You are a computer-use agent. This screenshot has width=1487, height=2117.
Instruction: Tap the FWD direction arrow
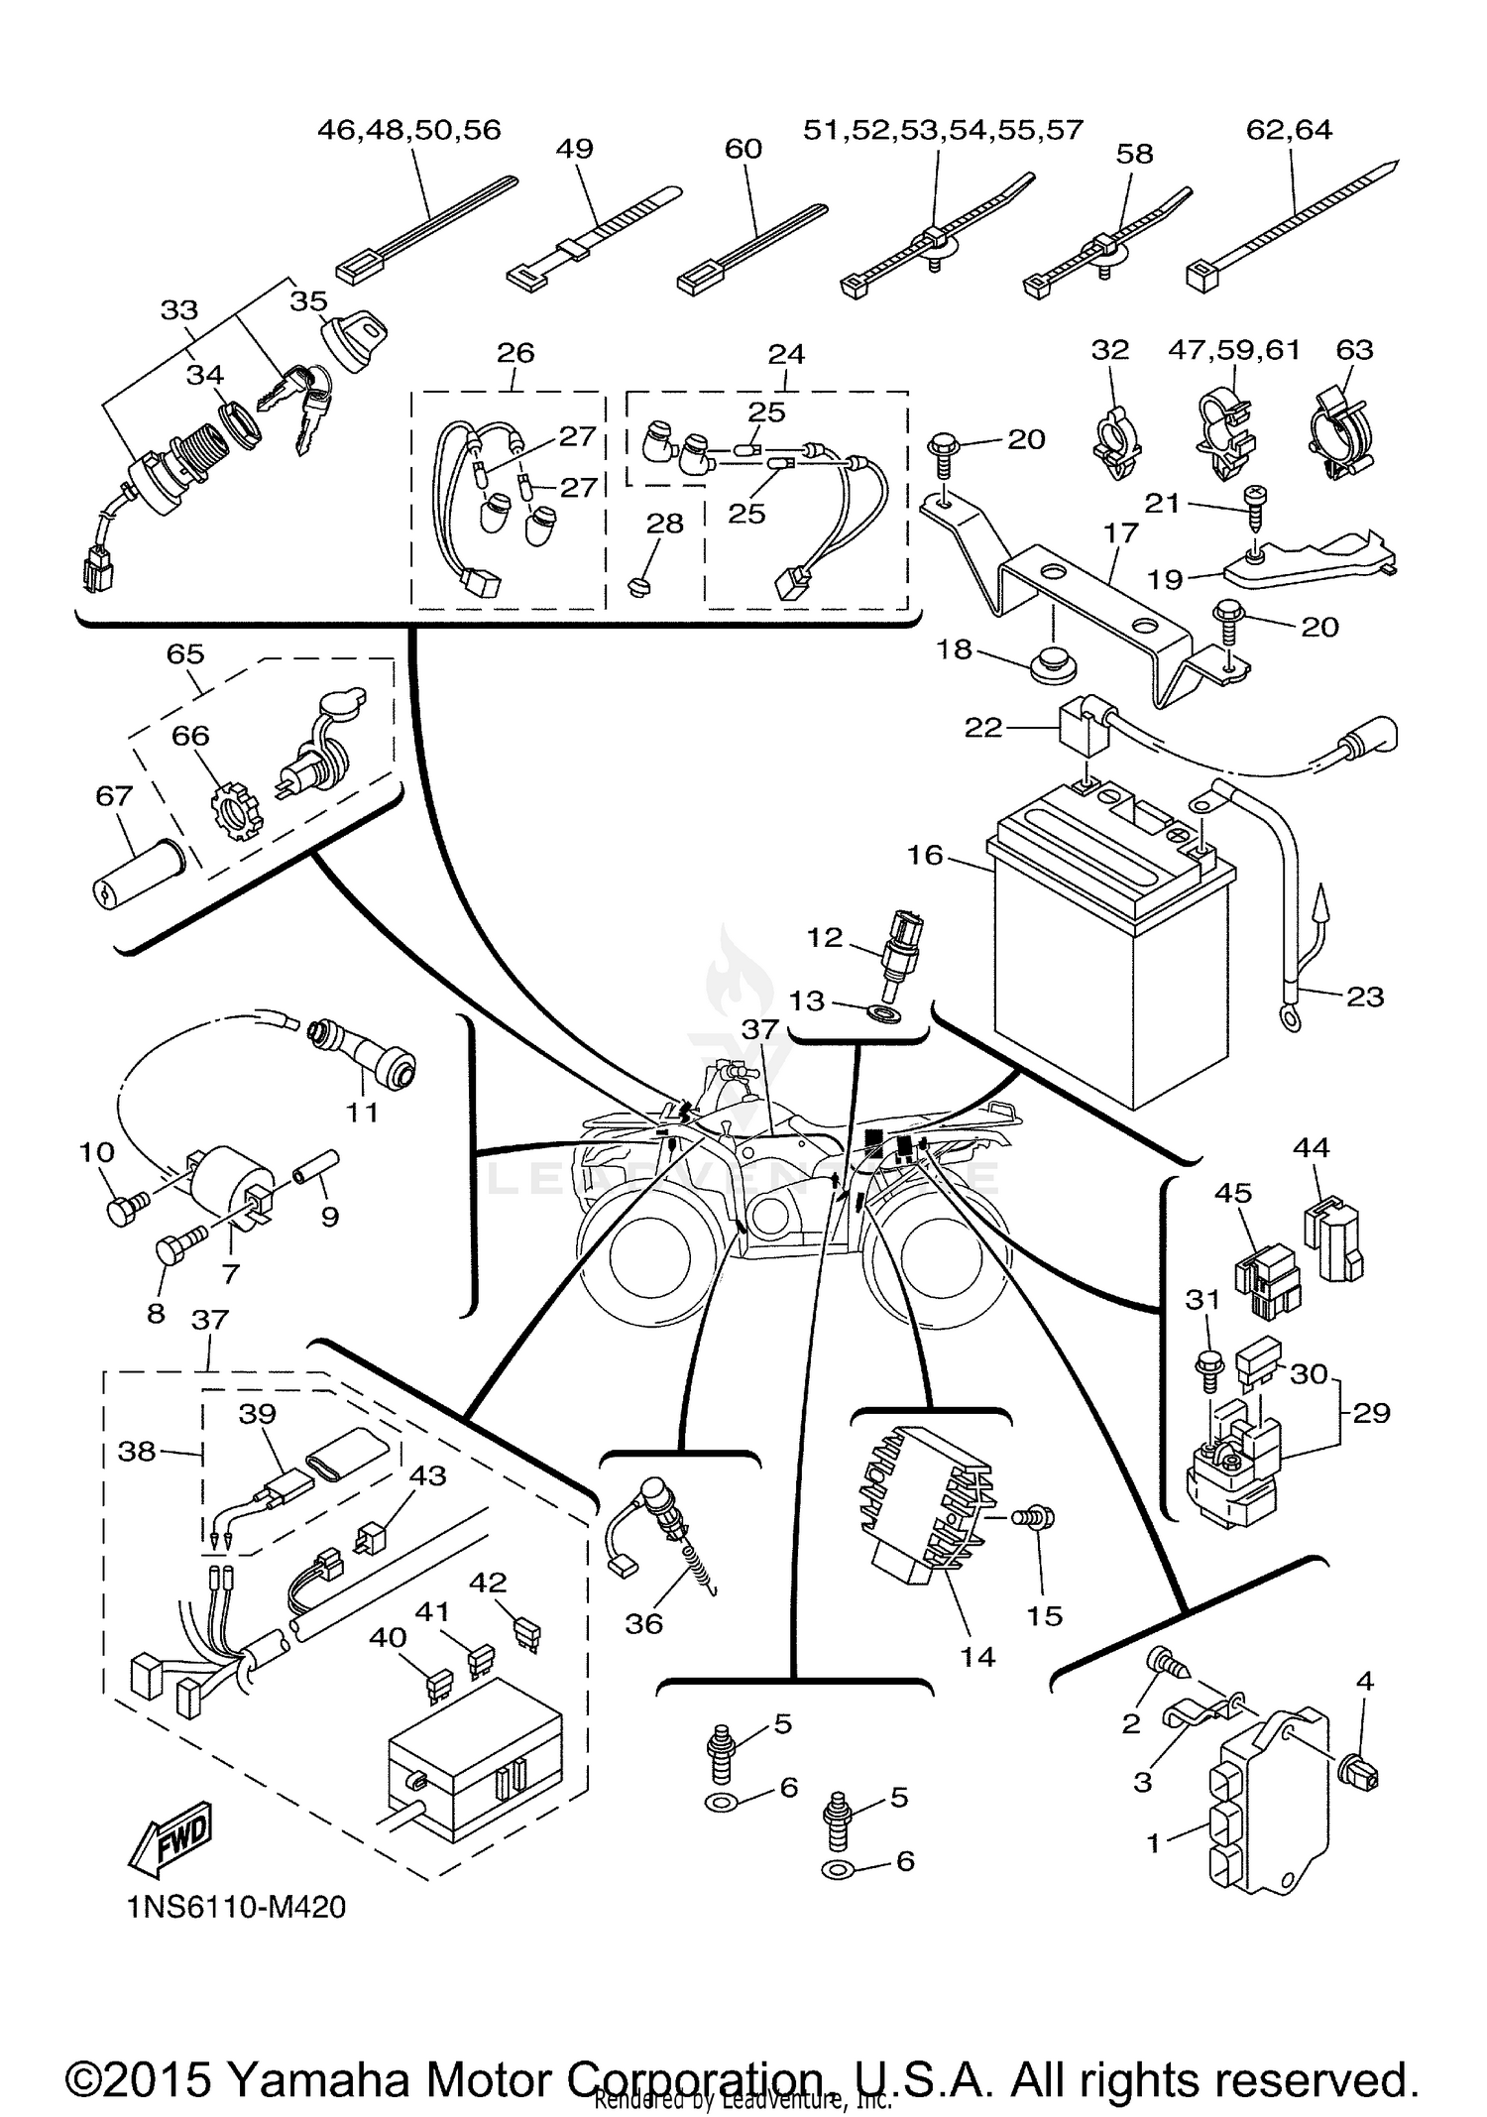173,1833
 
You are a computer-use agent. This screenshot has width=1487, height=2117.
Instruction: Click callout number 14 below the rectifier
977,1656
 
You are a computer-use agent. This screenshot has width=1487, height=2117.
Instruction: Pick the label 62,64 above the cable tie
1289,130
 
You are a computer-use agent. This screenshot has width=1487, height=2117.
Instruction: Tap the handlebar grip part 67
139,873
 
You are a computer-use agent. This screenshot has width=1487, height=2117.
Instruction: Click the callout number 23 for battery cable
1364,996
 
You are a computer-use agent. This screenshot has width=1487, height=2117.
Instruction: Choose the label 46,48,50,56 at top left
408,130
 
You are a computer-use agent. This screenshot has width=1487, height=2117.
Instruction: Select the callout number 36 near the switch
643,1623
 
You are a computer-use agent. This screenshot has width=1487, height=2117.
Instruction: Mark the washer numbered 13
884,1014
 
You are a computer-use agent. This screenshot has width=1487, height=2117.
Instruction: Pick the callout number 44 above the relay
1311,1147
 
